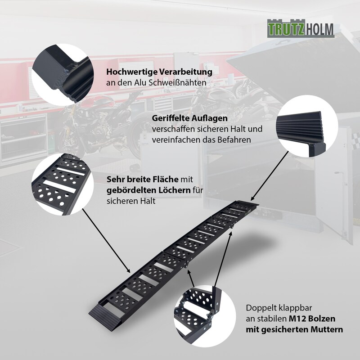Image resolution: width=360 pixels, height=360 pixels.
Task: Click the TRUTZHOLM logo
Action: [x=301, y=28]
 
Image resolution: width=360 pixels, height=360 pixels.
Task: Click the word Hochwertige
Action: [x=131, y=72]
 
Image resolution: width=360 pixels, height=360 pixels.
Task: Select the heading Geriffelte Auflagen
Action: [x=189, y=118]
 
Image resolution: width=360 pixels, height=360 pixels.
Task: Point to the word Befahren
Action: [x=233, y=139]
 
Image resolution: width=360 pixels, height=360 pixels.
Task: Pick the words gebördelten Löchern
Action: [x=148, y=190]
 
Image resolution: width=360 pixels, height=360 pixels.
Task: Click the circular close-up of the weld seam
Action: [x=63, y=75]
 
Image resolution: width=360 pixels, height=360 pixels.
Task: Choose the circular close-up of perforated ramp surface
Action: [x=63, y=184]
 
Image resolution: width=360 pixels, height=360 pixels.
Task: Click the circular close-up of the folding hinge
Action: [x=205, y=316]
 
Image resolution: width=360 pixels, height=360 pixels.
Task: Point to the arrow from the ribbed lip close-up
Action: [x=270, y=175]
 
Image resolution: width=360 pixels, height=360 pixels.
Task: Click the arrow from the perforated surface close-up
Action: [x=106, y=240]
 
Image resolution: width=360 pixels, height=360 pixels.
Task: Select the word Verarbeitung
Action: [x=186, y=72]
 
